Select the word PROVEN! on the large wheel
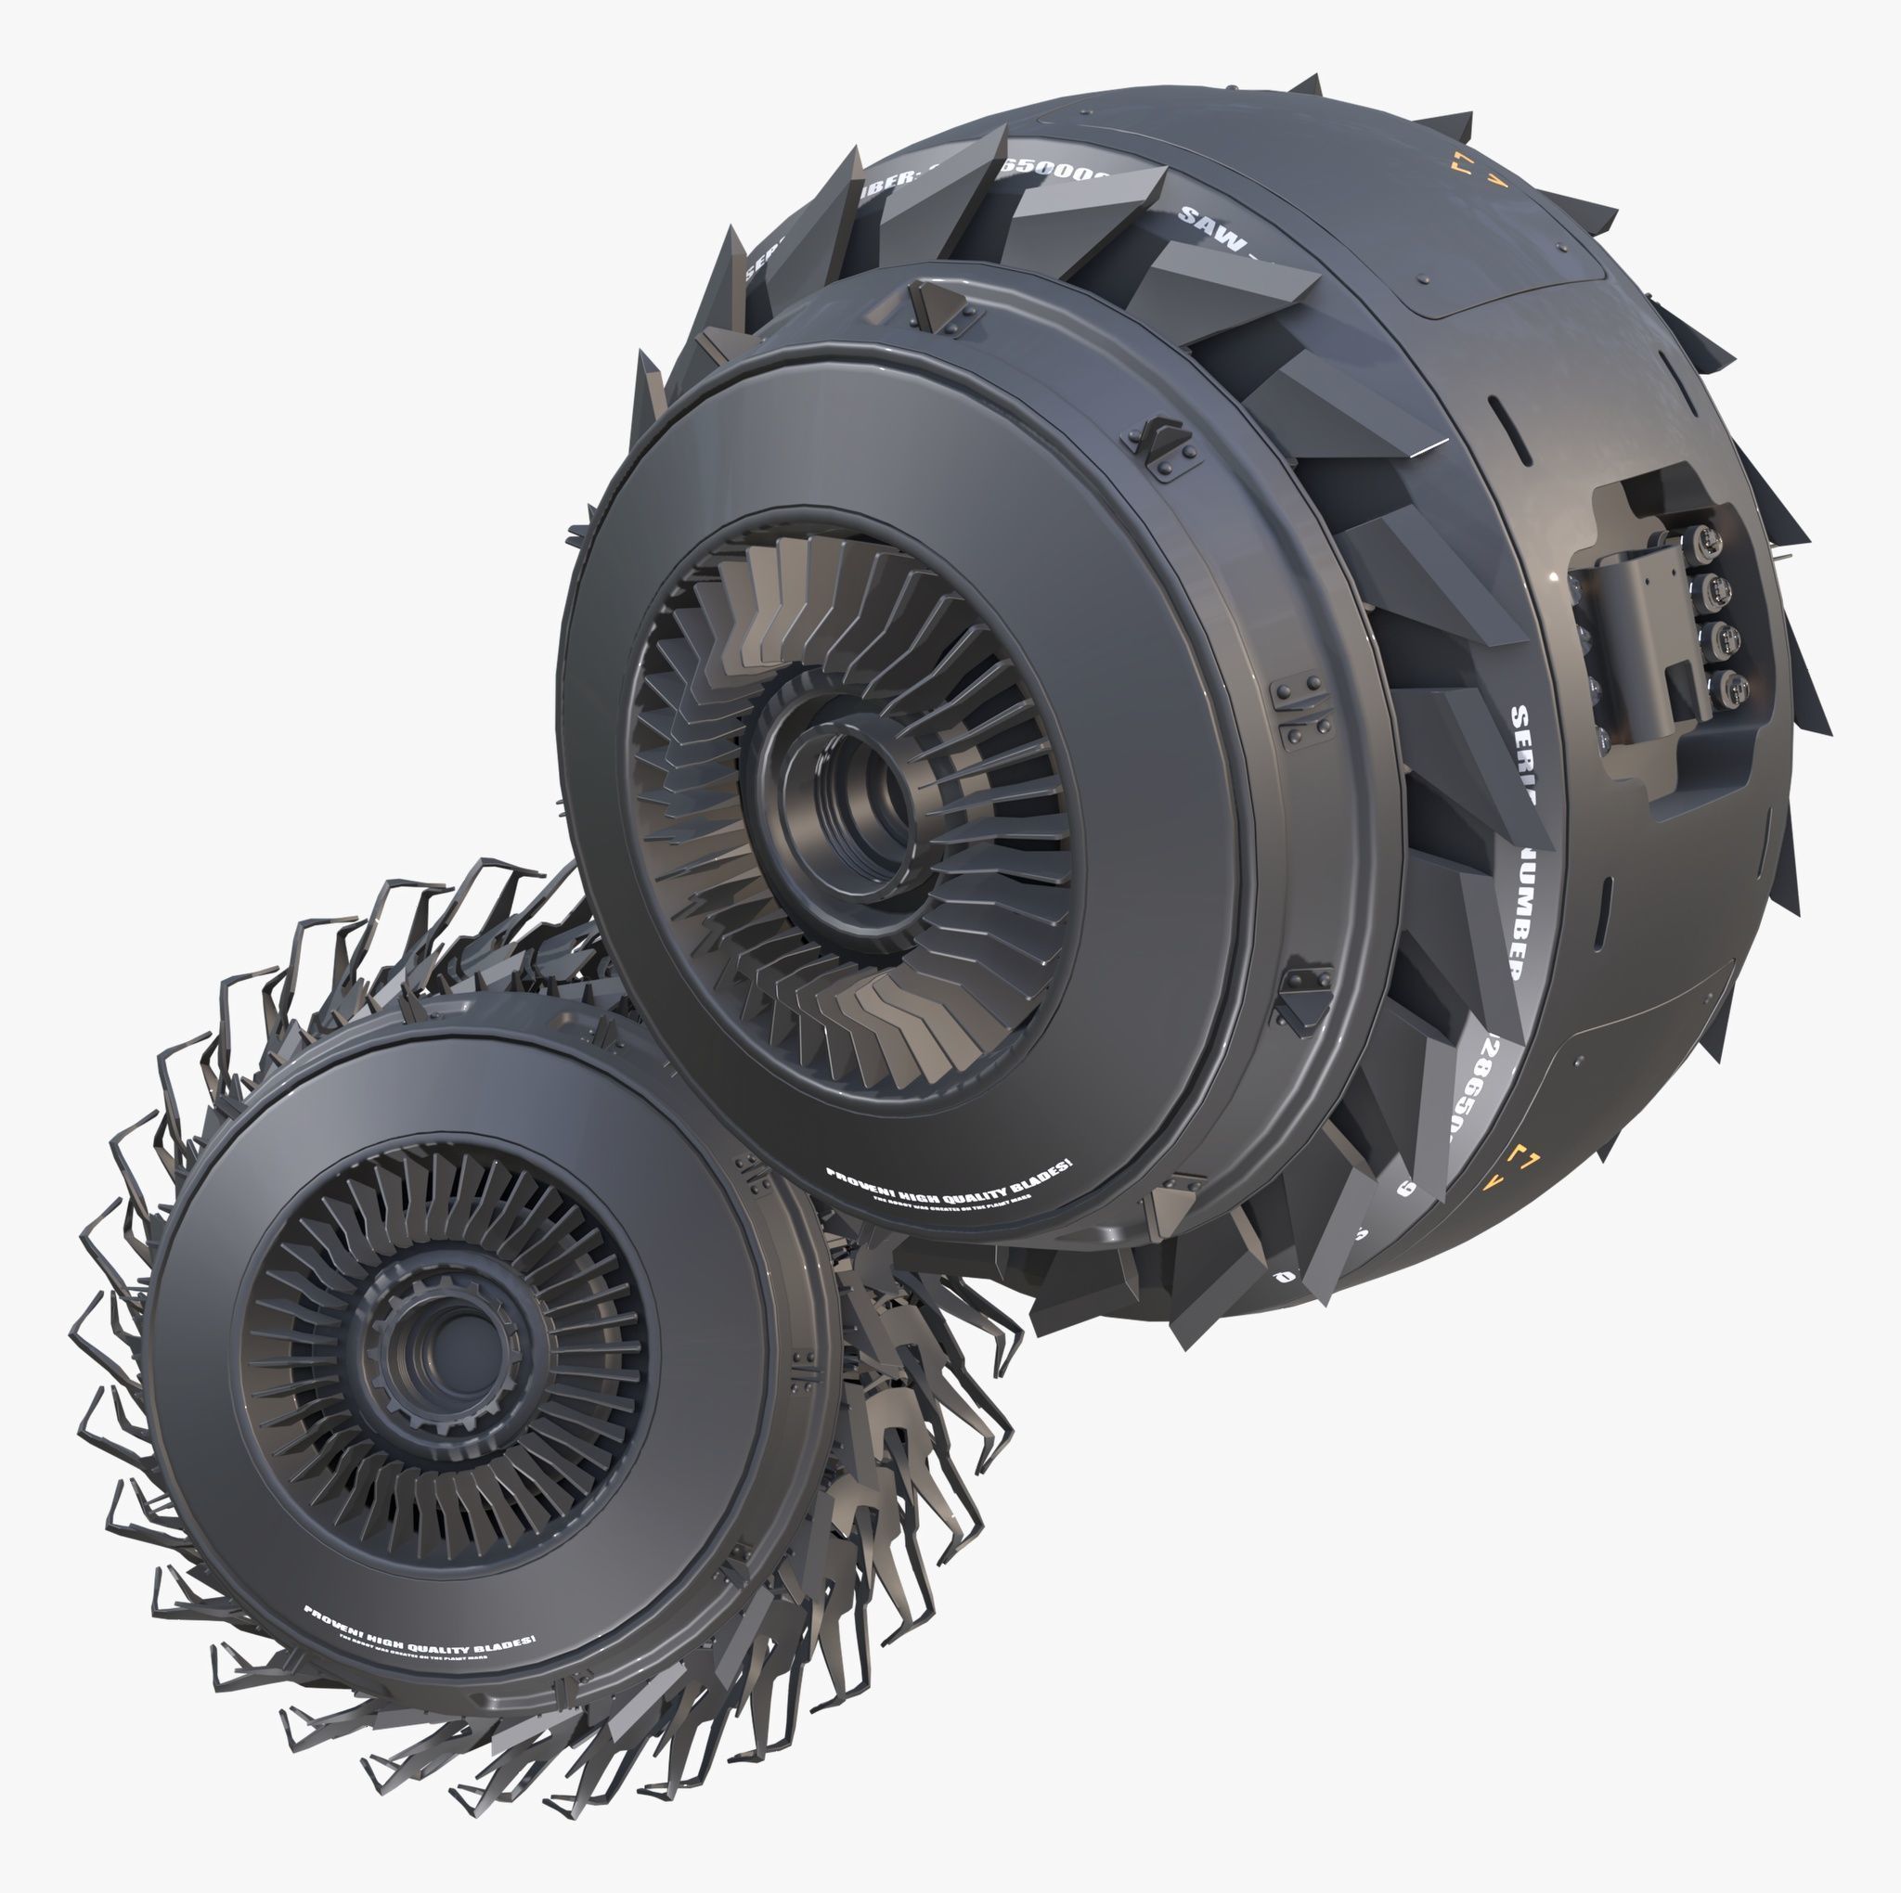click(862, 1178)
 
